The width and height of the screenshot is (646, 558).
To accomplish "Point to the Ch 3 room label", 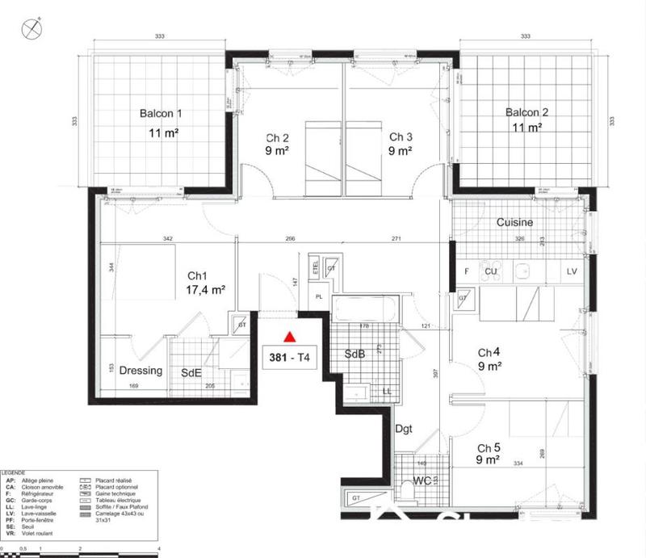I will click(x=401, y=136).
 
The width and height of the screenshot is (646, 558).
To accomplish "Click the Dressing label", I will click(x=141, y=371).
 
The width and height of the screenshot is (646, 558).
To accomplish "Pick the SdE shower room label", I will click(x=191, y=371).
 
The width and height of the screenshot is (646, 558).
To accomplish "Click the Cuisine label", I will click(x=514, y=222).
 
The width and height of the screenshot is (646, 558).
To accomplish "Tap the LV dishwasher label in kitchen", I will click(x=572, y=271).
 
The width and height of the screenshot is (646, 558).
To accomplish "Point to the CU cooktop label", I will click(x=489, y=271).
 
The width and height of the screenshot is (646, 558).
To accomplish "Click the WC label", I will click(x=422, y=480).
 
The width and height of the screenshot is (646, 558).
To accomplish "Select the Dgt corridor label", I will click(x=404, y=429).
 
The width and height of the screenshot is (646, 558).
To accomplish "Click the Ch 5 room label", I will click(x=490, y=448).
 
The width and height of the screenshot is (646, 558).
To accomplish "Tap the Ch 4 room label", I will click(x=490, y=352).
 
